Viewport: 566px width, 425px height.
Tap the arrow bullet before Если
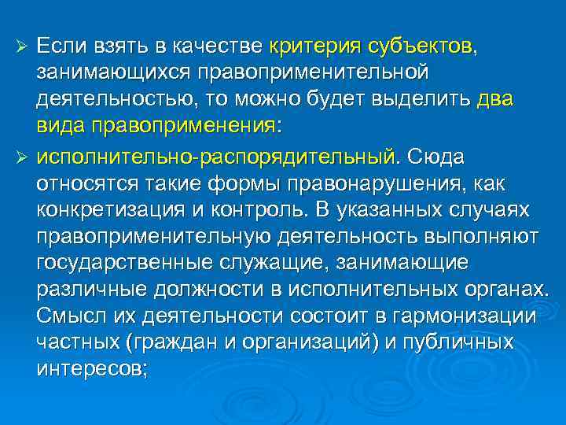coord(24,45)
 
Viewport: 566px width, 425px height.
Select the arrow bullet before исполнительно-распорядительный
coord(24,157)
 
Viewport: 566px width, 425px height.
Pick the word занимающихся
coord(114,72)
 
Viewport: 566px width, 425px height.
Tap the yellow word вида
coord(60,128)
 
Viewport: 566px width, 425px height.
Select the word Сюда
coord(436,157)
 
